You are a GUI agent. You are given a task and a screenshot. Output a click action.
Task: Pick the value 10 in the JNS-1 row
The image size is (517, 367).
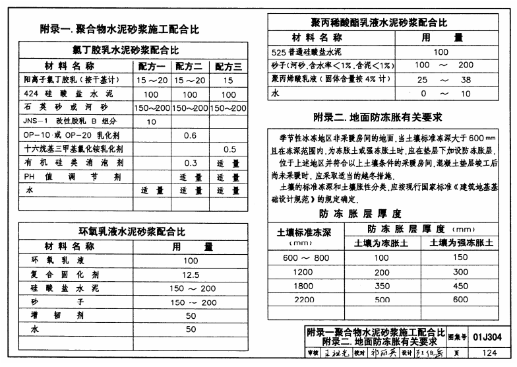pyautogui.click(x=151, y=121)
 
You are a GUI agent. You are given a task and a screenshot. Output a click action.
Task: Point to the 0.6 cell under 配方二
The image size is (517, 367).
pyautogui.click(x=191, y=135)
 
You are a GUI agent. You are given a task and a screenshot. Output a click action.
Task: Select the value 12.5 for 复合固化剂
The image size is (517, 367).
pyautogui.click(x=191, y=274)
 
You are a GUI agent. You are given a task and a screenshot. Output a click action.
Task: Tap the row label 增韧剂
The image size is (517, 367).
pyautogui.click(x=59, y=316)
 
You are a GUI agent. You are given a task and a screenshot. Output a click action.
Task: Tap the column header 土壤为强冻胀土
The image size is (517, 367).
pyautogui.click(x=461, y=242)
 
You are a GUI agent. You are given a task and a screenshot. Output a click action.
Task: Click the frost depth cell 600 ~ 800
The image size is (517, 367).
pyautogui.click(x=305, y=257)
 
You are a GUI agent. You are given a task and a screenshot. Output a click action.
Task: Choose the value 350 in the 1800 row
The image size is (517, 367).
pyautogui.click(x=382, y=286)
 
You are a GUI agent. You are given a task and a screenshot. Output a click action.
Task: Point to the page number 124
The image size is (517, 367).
pyautogui.click(x=489, y=354)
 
